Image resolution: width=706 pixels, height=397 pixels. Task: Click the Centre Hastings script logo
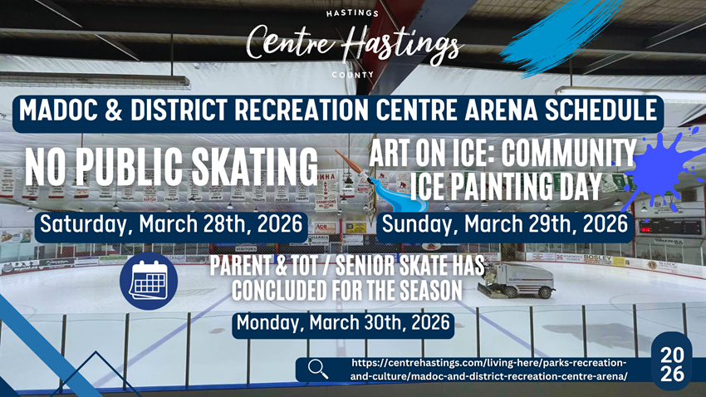[x=354, y=44]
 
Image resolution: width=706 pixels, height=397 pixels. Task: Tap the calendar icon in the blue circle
[x=149, y=281]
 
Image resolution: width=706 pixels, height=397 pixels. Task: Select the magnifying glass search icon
[x=318, y=369]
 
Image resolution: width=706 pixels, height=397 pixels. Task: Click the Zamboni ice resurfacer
[x=516, y=280]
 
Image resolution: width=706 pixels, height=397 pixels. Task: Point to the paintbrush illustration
[x=381, y=182]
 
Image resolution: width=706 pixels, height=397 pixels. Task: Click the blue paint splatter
[x=662, y=171]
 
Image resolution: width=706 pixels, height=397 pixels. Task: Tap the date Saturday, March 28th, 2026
[x=171, y=223]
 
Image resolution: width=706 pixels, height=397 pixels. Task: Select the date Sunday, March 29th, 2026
[x=505, y=223]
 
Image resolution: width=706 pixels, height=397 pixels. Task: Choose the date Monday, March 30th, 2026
[x=343, y=323]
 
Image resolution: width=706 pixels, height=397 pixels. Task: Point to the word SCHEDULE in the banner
[x=601, y=110]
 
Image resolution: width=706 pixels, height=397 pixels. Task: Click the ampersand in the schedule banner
[x=114, y=110]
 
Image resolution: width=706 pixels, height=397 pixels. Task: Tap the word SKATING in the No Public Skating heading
[x=255, y=167]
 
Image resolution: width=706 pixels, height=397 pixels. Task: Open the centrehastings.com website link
[x=488, y=369]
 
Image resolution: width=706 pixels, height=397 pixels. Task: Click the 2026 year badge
[x=672, y=364]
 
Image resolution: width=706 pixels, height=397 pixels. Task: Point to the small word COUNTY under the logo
[x=352, y=75]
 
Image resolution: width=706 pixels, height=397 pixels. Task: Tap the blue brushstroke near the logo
[x=558, y=36]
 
